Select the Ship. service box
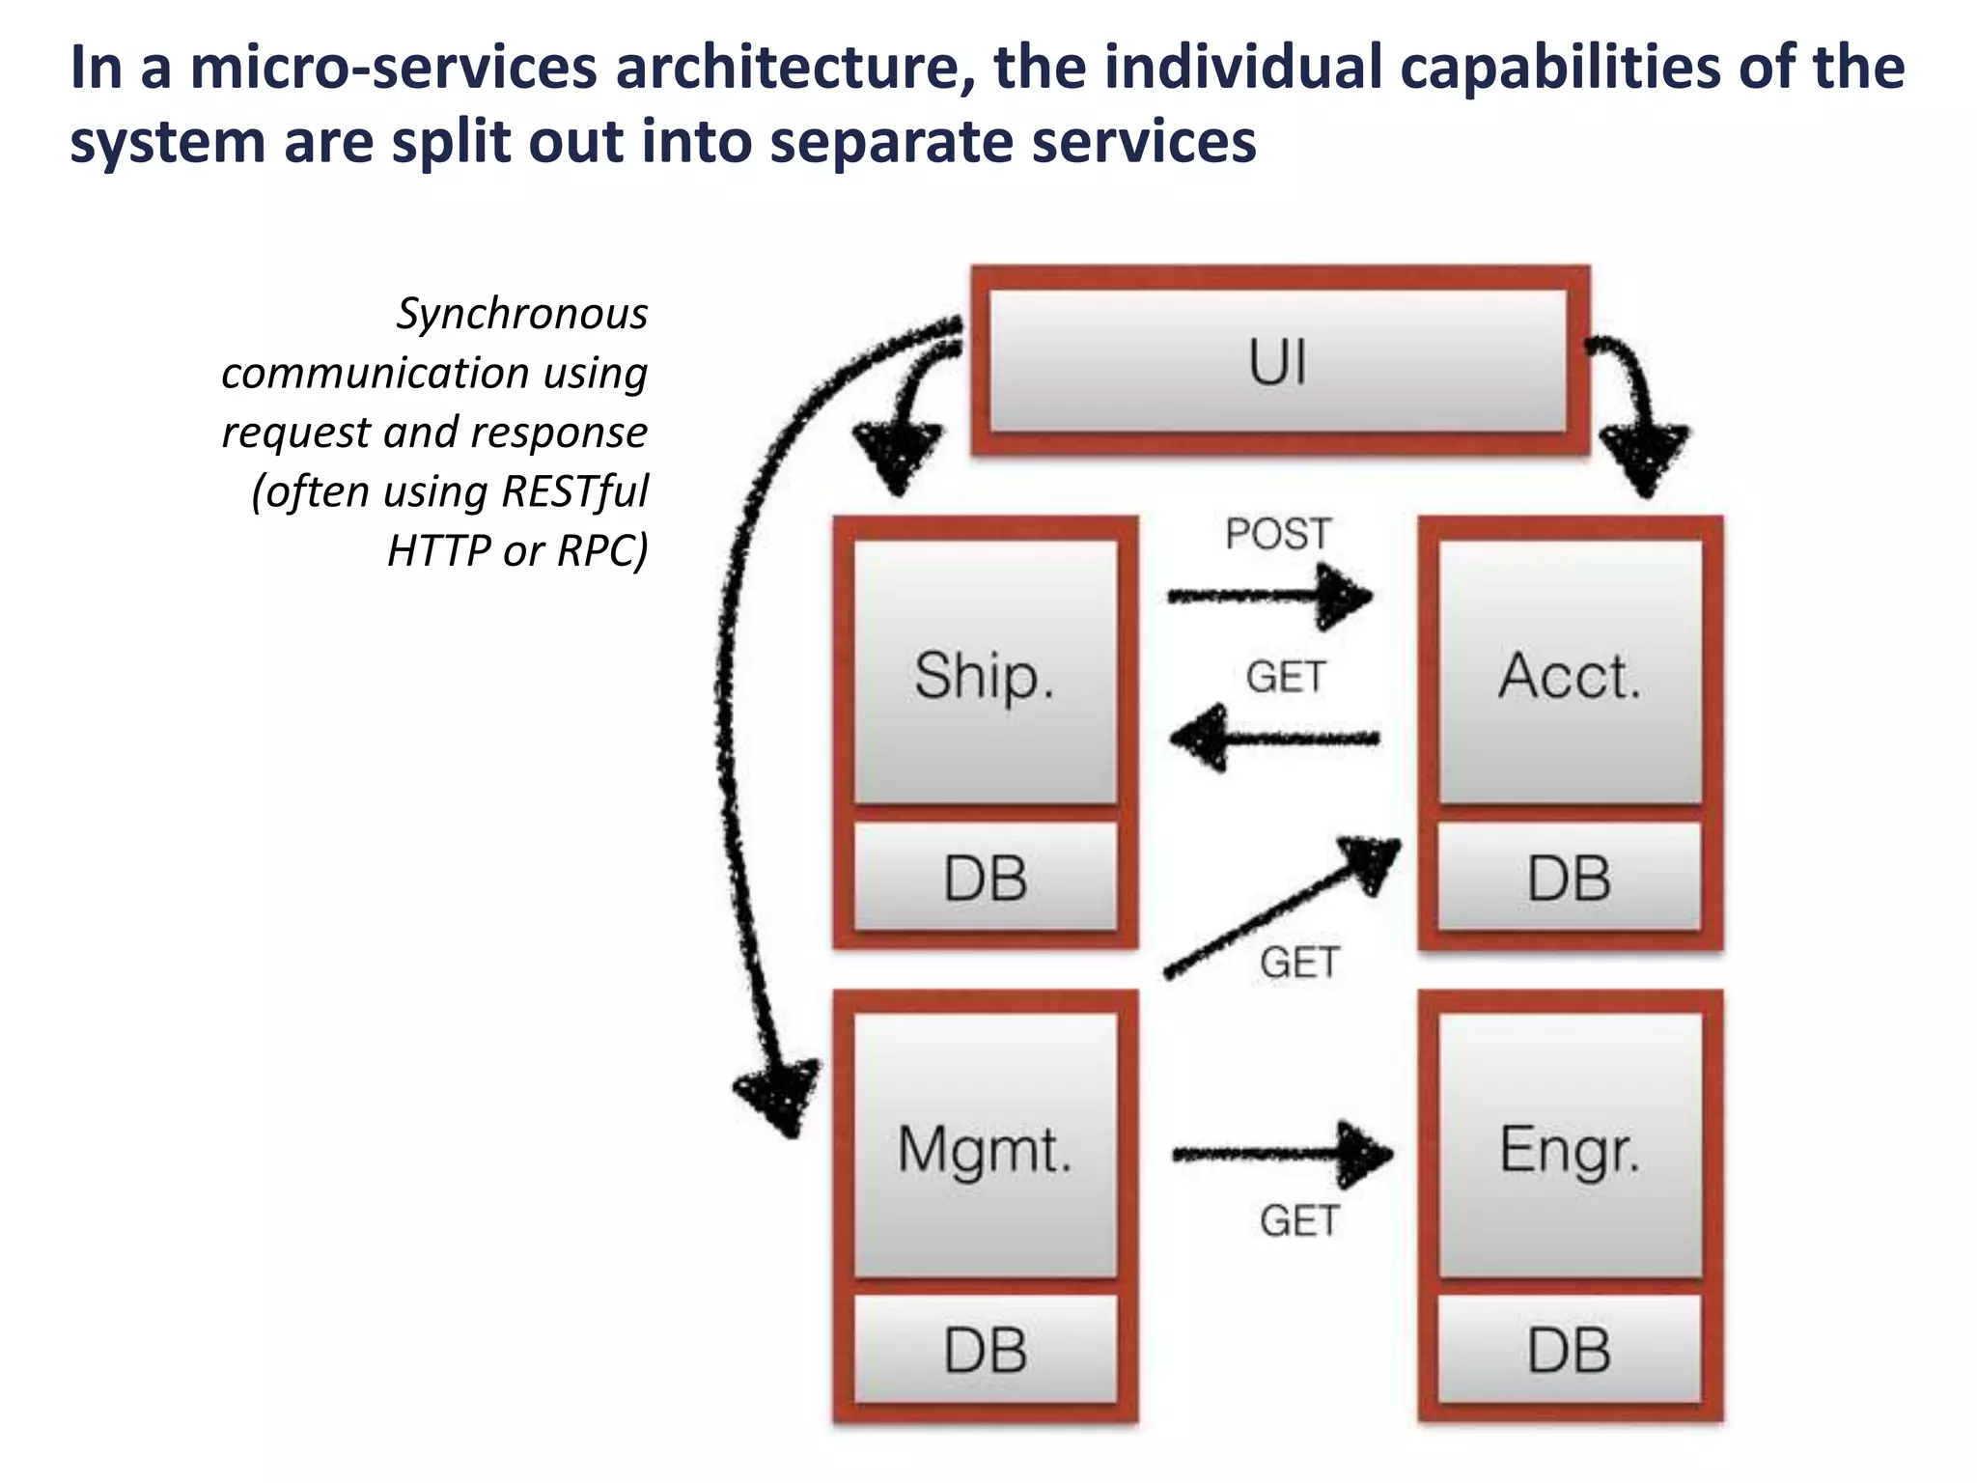(985, 673)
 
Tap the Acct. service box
(1570, 673)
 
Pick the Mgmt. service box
(985, 1147)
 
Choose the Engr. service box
(1570, 1147)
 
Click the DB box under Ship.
(985, 878)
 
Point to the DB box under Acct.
(1570, 878)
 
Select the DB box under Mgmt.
(985, 1349)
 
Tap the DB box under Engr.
(1570, 1349)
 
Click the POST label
(1278, 534)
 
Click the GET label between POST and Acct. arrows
(1285, 677)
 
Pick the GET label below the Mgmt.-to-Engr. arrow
(1299, 1220)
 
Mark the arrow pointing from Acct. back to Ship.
(1274, 739)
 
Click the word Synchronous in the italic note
(522, 313)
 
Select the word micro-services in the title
(393, 68)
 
